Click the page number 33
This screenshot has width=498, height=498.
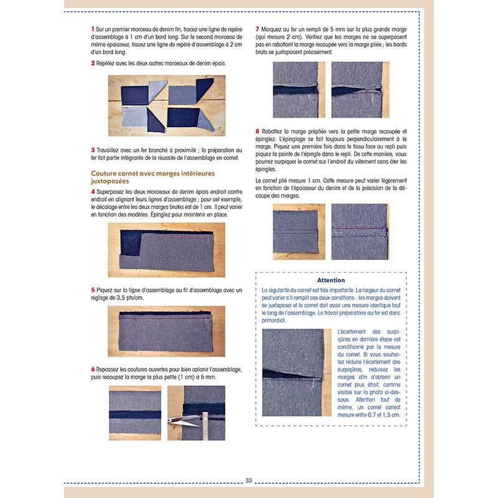pos(248,480)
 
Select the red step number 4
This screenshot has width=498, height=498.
pos(93,191)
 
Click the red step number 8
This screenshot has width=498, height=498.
pos(258,131)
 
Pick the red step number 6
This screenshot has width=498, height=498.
pos(93,369)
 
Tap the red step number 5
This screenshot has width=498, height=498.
pos(93,290)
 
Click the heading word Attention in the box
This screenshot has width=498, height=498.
pos(331,280)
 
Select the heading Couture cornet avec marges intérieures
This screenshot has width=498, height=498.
pos(153,174)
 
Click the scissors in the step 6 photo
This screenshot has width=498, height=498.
pos(182,420)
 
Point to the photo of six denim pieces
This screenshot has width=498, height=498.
pos(166,106)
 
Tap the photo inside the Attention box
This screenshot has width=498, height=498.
pos(296,373)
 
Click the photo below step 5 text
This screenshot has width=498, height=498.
pos(166,331)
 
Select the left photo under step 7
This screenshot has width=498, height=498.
pos(299,90)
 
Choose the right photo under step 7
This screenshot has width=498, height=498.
pos(360,90)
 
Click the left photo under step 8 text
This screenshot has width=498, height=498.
pos(299,232)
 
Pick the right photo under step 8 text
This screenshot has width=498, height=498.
pos(360,232)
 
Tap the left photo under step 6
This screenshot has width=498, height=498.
pos(134,412)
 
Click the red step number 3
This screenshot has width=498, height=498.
pos(93,149)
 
